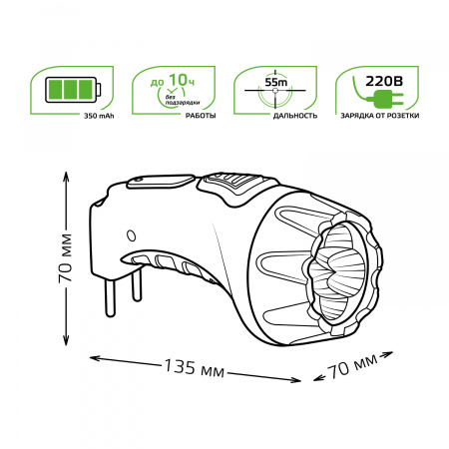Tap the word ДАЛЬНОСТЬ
click(x=270, y=116)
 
